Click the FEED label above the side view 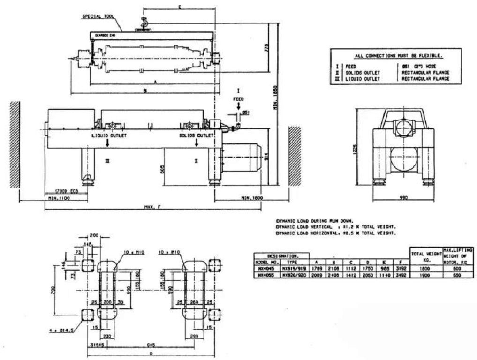tap(238, 99)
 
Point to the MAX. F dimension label tap(152, 207)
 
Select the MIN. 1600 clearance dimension tap(251, 199)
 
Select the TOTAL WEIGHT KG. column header tap(426, 256)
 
